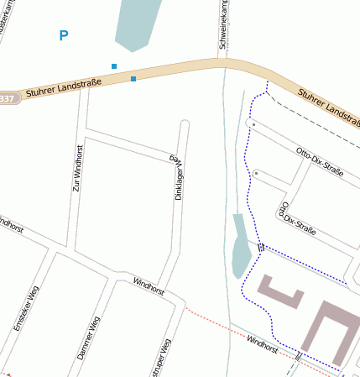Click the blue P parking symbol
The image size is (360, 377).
[x=64, y=35]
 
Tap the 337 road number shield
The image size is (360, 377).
[x=7, y=98]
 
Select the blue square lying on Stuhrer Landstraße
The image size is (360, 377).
[x=133, y=79]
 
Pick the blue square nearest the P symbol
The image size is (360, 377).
[x=114, y=65]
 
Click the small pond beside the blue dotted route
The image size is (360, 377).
[x=240, y=247]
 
